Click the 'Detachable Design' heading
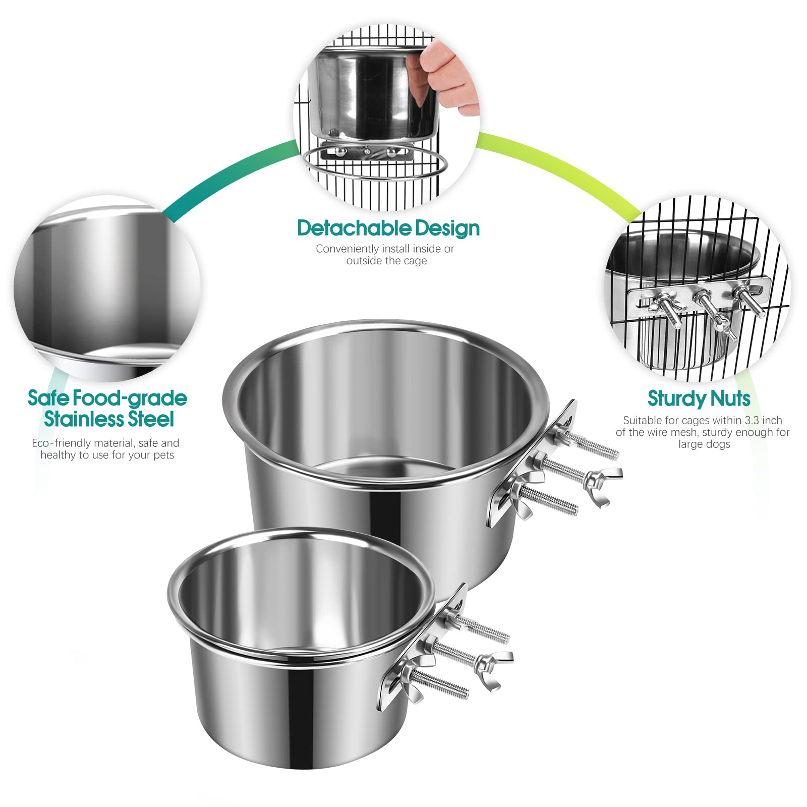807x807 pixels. tap(388, 228)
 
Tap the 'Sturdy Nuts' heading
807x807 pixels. tap(699, 398)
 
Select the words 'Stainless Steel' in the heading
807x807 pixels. tap(109, 419)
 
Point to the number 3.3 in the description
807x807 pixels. tap(753, 420)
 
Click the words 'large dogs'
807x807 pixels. tap(704, 444)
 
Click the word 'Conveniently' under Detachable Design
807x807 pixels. tap(347, 249)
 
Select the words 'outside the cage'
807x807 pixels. tap(386, 261)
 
